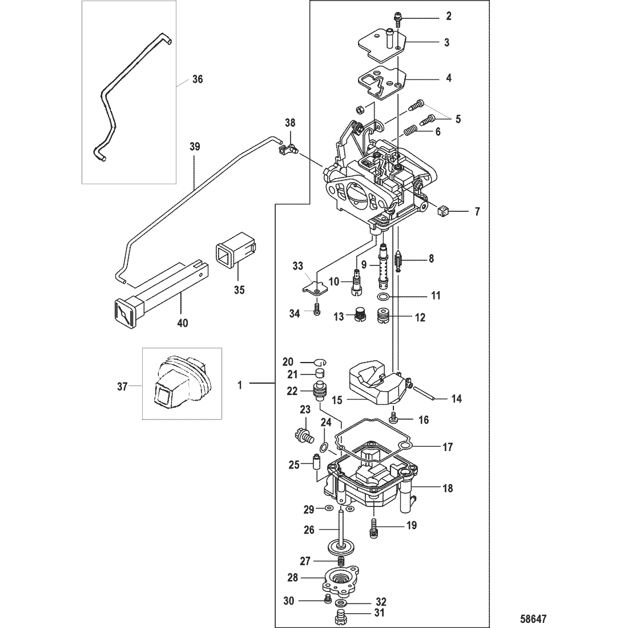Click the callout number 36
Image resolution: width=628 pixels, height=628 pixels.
click(198, 79)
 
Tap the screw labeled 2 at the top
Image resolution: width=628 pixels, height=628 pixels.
click(397, 19)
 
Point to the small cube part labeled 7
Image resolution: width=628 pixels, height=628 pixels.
click(443, 211)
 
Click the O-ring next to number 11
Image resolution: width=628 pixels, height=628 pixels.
click(383, 297)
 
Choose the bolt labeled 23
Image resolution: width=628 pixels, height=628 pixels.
click(304, 434)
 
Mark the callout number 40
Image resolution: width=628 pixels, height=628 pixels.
click(182, 323)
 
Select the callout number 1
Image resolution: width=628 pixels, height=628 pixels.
click(240, 385)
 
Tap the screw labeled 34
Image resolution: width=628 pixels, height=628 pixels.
click(317, 308)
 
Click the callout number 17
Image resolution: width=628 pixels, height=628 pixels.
click(448, 446)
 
